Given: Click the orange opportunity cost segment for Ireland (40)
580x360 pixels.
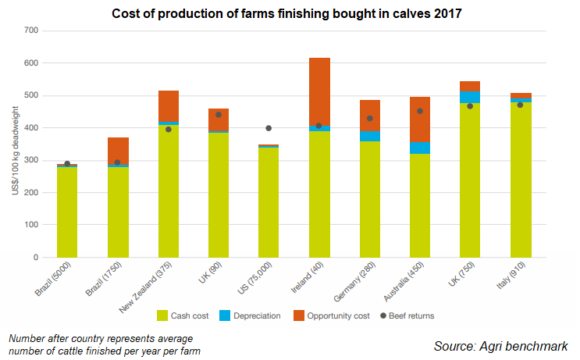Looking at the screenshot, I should [x=319, y=90].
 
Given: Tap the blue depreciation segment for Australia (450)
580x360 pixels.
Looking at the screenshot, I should [x=420, y=148].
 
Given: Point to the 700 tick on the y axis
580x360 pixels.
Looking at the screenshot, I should [x=30, y=30].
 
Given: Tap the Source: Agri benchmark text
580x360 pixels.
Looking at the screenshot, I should [x=500, y=346].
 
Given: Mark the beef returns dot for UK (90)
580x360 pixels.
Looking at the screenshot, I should [x=219, y=115].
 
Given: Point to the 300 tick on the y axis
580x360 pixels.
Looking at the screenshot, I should [x=30, y=160].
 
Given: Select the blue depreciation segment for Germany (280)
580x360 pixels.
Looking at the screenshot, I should [x=369, y=136].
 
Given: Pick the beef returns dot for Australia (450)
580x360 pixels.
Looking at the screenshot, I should [x=420, y=111].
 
